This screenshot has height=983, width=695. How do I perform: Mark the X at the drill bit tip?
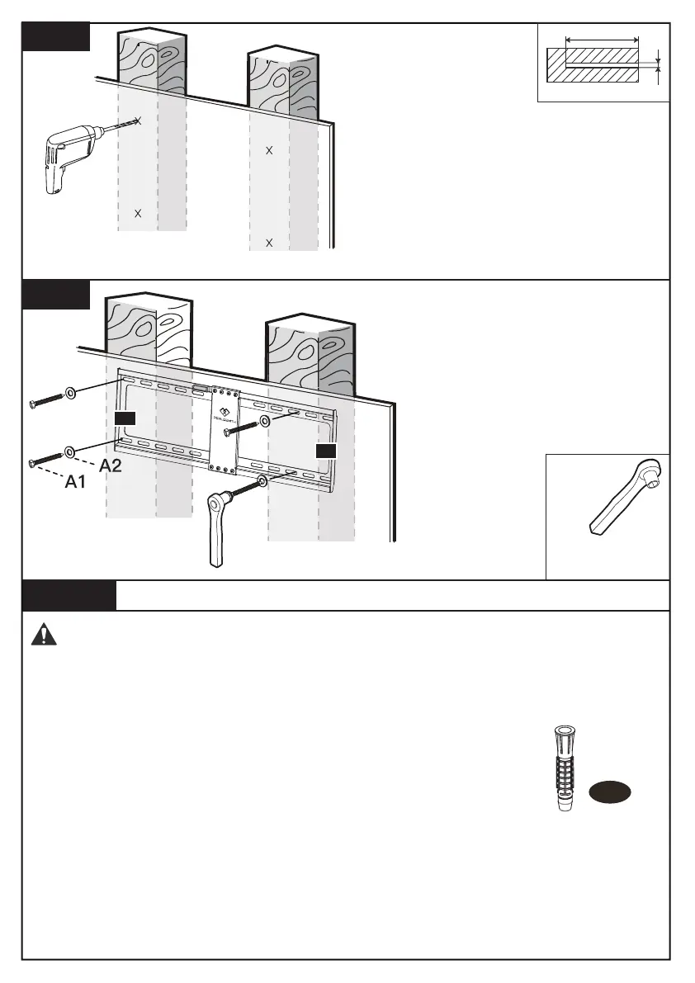click(138, 121)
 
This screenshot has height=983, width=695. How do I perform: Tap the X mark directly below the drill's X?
click(138, 213)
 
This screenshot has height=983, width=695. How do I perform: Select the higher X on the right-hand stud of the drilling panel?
click(269, 150)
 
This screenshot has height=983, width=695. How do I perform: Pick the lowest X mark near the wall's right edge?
click(269, 243)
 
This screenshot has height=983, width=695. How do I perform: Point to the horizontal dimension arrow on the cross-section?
click(603, 39)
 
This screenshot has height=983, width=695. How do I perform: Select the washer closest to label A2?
click(70, 451)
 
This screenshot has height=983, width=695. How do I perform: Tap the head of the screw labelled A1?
click(31, 463)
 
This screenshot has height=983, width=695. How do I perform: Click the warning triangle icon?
click(41, 634)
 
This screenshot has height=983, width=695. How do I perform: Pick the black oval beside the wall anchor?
click(610, 792)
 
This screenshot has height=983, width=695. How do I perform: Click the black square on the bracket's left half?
click(125, 418)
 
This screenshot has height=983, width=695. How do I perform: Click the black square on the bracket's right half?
click(327, 450)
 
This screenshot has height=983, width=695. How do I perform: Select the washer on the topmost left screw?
click(70, 390)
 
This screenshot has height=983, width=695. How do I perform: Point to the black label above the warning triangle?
click(69, 595)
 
